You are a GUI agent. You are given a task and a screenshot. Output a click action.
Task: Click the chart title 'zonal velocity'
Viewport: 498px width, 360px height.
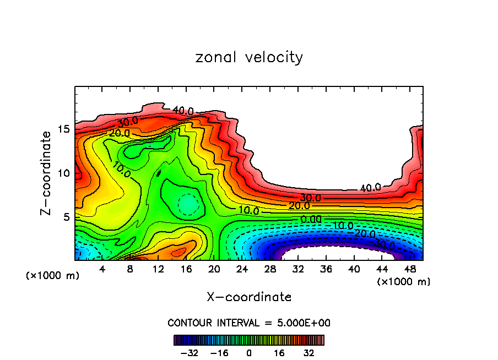coord(249,57)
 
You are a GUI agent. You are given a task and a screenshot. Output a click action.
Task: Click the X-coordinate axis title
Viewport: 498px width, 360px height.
coord(249,297)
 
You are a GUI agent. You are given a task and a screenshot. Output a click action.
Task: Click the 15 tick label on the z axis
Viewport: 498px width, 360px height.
coord(64,129)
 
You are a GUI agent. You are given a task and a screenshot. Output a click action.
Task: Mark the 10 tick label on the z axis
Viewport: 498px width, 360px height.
coord(64,173)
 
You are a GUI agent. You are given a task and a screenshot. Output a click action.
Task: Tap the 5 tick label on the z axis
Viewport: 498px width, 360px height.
coord(67,217)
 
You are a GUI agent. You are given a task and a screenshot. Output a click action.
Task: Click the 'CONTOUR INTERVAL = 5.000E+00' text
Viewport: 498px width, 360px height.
coord(249,323)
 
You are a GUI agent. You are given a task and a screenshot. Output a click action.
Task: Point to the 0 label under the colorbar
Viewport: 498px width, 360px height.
coord(249,353)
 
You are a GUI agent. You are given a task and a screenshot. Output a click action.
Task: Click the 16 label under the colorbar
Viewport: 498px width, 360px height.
coord(279,353)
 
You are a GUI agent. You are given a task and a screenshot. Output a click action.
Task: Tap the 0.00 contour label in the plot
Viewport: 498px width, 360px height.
coord(311,219)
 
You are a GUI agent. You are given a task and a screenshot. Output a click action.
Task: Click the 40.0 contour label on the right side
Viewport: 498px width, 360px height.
coord(370,188)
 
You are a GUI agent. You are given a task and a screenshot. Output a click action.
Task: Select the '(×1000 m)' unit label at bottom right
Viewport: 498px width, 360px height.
coord(404,282)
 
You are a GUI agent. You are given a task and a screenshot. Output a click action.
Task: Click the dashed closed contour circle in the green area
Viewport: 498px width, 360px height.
coord(188,204)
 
